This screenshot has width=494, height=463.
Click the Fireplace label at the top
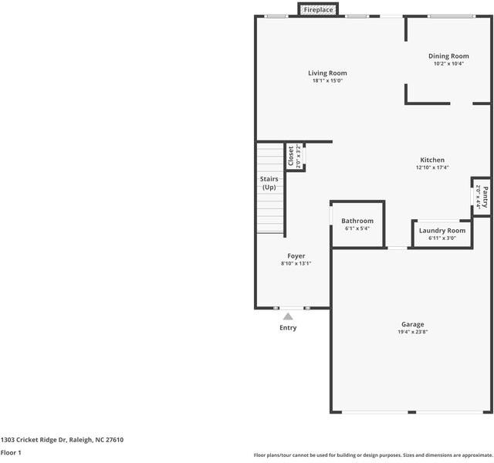[x=318, y=10]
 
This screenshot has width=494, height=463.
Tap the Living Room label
[x=327, y=73]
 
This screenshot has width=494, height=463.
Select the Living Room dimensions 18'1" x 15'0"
[x=327, y=81]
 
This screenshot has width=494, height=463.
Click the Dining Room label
[x=448, y=56]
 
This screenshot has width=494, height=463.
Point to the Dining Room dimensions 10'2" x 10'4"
[x=448, y=64]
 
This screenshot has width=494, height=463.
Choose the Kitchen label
[x=431, y=160]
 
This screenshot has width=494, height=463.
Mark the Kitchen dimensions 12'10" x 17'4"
[x=431, y=167]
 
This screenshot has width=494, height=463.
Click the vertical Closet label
[x=291, y=157]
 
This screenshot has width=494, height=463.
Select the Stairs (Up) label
[x=269, y=183]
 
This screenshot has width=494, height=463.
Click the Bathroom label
[x=357, y=221]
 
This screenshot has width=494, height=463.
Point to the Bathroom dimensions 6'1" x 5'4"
[x=357, y=228]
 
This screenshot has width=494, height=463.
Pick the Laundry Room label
[x=442, y=231]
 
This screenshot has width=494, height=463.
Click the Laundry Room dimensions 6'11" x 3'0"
[x=442, y=238]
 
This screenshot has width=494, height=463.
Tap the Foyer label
[x=296, y=256]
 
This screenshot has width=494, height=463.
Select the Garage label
[x=412, y=325]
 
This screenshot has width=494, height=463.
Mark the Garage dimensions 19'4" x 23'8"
[x=412, y=333]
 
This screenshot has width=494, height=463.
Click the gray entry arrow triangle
[x=288, y=316]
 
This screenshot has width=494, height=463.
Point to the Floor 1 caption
[x=11, y=453]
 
